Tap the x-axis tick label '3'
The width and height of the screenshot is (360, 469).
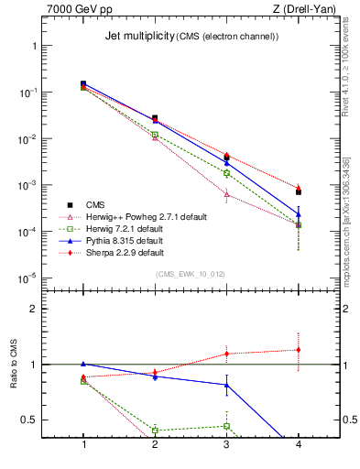pos(226,444)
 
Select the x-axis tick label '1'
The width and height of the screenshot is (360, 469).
pos(83,444)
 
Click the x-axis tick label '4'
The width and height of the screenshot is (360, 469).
pos(298,444)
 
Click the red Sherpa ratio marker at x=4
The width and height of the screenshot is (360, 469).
pos(299,349)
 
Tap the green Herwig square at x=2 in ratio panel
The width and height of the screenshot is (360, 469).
pos(155,430)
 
